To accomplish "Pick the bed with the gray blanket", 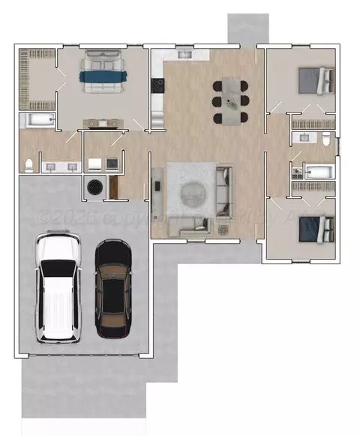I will tap(316, 80).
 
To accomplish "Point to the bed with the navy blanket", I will tap(316, 227).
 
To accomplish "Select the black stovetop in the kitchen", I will tap(157, 86).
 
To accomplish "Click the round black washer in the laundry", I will tap(95, 187).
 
